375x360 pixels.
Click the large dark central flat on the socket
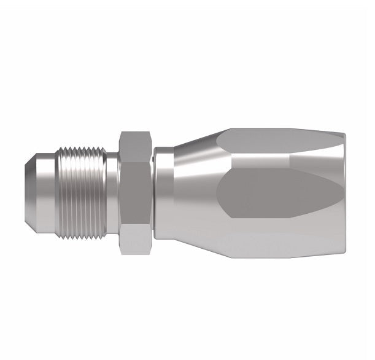point(276,194)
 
